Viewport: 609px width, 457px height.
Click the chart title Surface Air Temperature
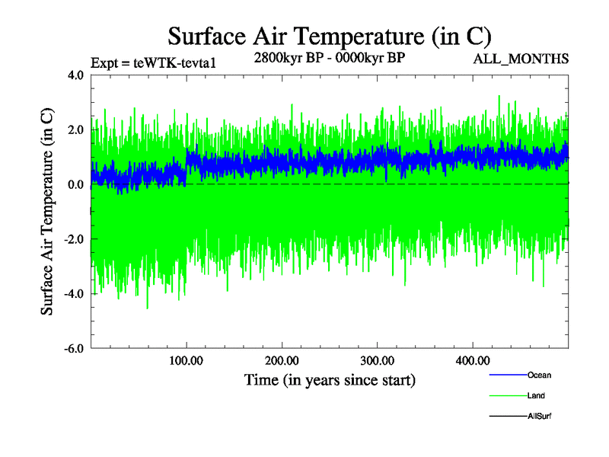coord(329,36)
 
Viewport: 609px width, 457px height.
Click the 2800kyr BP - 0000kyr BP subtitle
coord(329,58)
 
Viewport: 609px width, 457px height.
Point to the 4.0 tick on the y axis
coord(75,75)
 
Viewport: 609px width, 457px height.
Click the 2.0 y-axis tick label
coord(75,130)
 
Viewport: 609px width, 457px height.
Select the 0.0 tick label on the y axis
coord(75,185)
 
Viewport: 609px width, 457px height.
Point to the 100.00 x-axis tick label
coord(187,360)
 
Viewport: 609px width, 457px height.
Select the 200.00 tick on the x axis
coord(282,360)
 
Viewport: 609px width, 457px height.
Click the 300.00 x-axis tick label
coord(377,360)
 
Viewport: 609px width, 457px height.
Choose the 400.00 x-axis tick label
coord(472,360)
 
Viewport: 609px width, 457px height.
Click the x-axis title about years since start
coord(329,379)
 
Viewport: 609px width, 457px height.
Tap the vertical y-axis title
coord(47,212)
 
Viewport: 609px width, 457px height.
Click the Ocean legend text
coord(539,376)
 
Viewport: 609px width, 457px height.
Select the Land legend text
coord(536,396)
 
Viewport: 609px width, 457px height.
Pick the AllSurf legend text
coord(540,417)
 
